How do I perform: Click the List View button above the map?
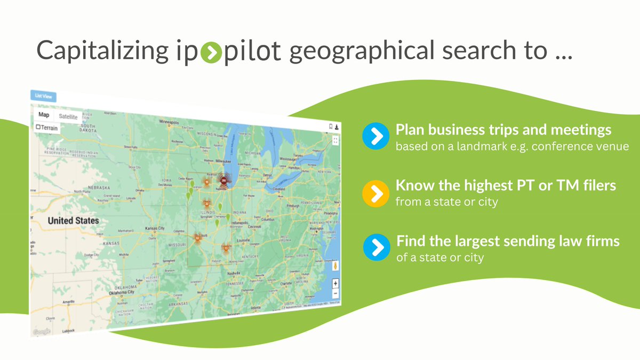(x=43, y=97)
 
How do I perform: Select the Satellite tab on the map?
(x=68, y=116)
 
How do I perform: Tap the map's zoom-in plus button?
(x=335, y=283)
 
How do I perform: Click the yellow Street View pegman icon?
(x=335, y=265)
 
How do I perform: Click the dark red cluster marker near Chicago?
(x=223, y=181)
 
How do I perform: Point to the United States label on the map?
(x=73, y=220)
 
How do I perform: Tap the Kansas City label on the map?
(x=154, y=228)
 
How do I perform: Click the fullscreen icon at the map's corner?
(x=335, y=140)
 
